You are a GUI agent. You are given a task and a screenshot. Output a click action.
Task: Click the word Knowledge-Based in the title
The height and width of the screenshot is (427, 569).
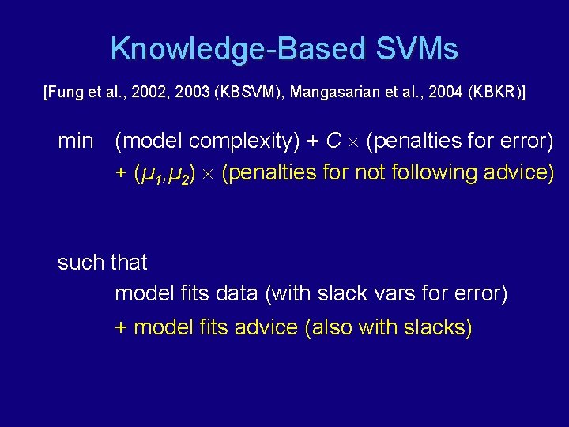(x=238, y=49)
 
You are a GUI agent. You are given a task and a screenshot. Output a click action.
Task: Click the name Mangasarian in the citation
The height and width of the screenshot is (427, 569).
(x=336, y=93)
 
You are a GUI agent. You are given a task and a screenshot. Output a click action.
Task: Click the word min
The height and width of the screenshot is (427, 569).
(x=76, y=142)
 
